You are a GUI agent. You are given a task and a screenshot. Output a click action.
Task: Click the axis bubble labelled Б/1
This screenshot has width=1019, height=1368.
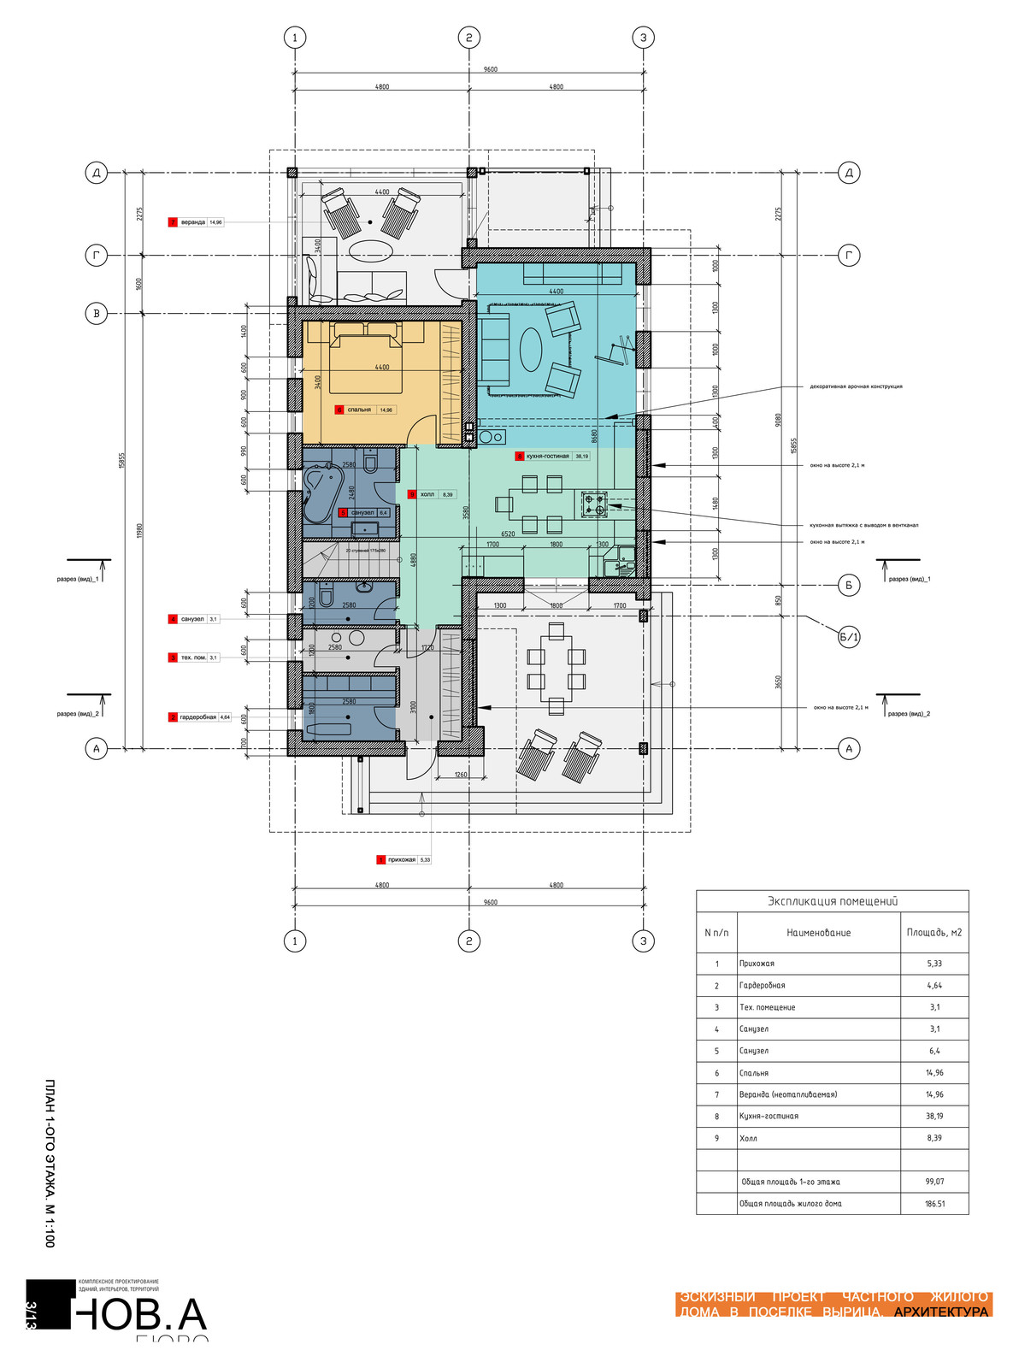848,637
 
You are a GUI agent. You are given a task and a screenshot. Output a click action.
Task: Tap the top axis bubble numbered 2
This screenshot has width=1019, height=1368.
468,38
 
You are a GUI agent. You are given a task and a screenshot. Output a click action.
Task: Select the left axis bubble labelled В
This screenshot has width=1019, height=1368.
96,314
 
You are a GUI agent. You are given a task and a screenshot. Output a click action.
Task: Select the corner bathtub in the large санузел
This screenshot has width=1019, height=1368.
321,494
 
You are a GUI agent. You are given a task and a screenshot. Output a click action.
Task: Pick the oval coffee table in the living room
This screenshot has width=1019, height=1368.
532,351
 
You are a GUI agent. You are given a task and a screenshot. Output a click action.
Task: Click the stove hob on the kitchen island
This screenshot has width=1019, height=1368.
594,504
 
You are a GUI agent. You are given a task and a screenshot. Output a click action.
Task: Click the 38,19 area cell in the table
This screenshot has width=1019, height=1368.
934,1116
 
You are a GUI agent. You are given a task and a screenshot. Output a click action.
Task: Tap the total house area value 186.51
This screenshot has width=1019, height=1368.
934,1204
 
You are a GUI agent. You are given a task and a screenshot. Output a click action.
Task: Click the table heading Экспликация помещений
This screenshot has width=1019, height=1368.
832,901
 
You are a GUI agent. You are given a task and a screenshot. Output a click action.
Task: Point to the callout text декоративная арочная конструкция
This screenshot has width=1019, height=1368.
856,386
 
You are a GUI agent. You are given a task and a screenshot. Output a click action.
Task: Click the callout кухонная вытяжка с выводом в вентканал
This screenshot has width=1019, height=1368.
863,525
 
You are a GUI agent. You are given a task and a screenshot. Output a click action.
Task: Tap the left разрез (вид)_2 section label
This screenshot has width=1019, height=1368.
78,713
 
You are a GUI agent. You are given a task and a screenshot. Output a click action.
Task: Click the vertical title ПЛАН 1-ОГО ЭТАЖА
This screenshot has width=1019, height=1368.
50,1163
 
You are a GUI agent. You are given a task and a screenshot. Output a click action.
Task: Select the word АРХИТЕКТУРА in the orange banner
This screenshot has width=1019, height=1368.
940,1312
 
